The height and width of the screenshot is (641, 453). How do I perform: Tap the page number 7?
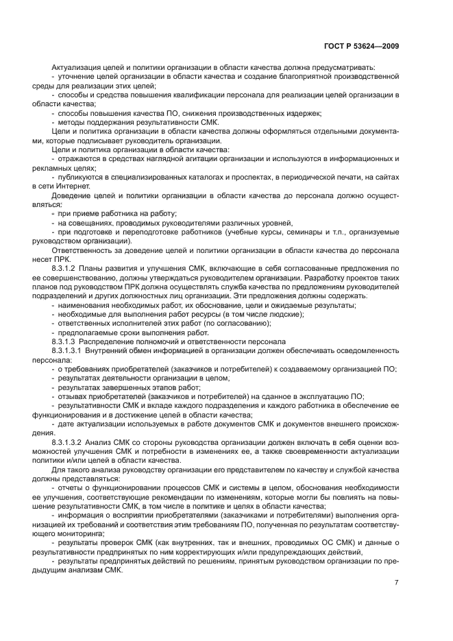(396, 583)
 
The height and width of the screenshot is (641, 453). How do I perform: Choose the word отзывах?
(73, 396)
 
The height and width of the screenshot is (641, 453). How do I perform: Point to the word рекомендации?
(194, 497)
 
